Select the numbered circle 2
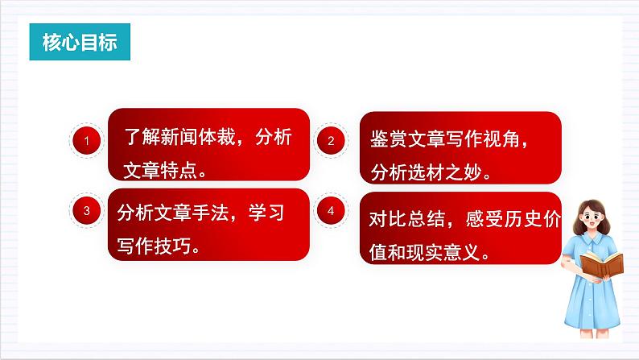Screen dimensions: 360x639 [x=331, y=142]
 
